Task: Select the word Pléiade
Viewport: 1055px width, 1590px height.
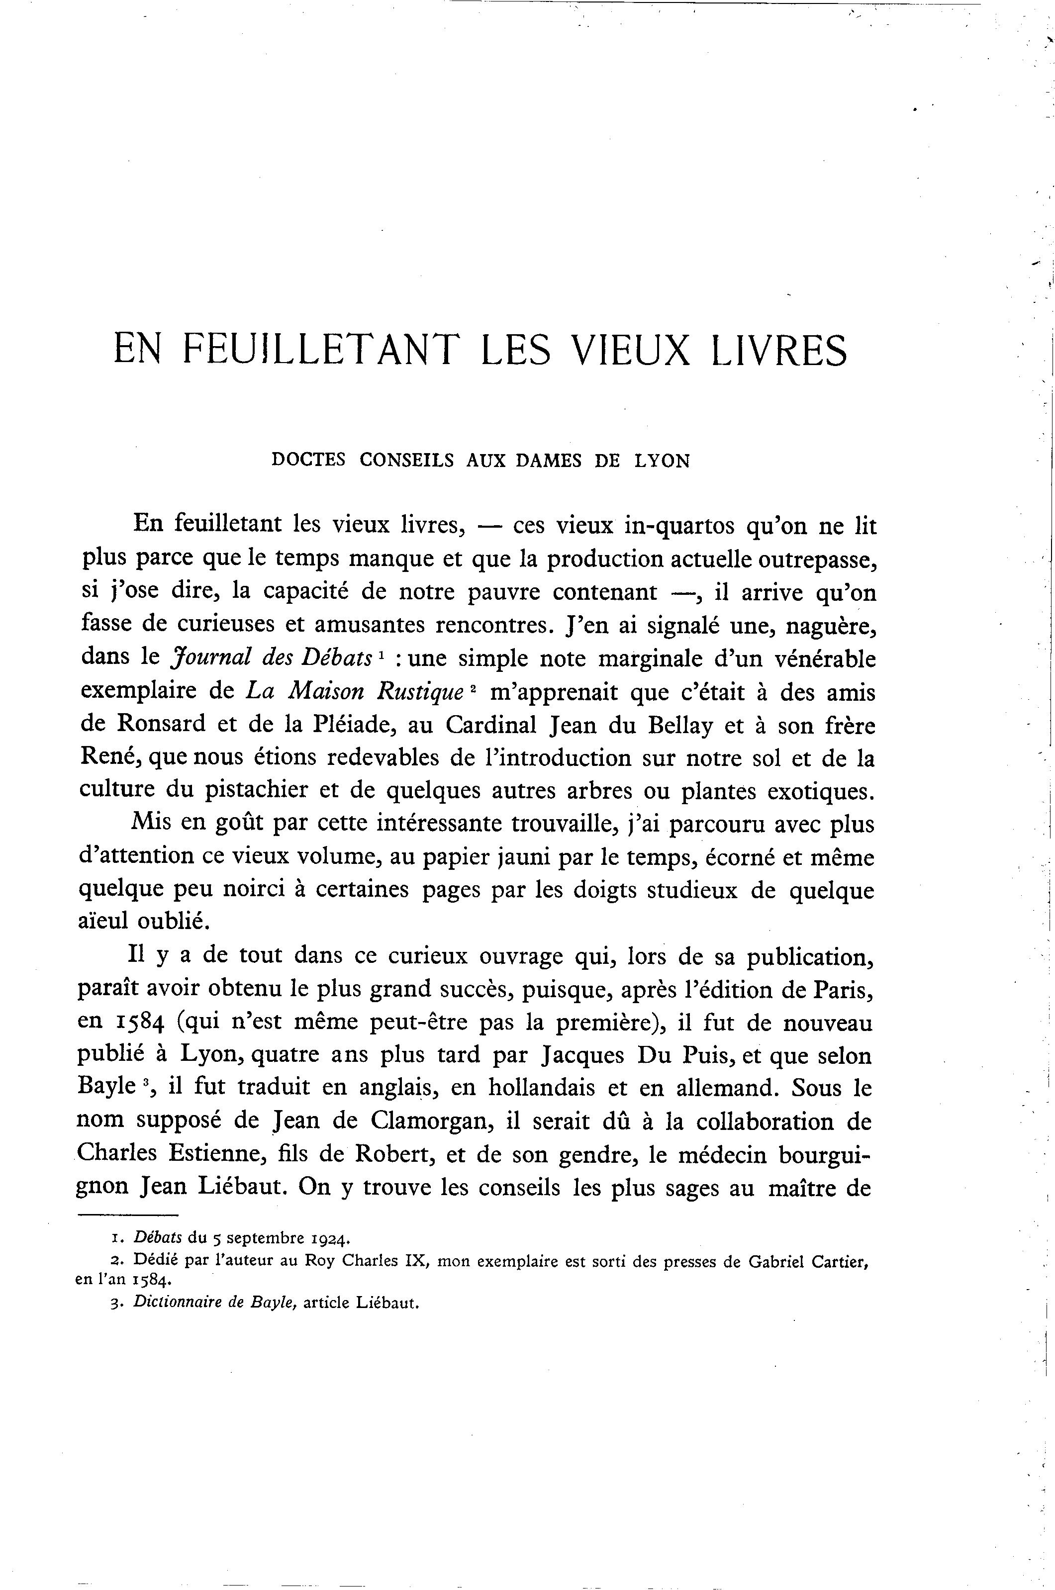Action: (x=346, y=725)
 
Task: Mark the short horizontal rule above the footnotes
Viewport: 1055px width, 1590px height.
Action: (x=127, y=1215)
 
